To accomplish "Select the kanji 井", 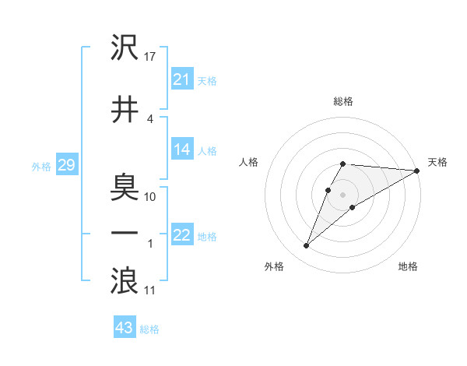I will click(x=125, y=108).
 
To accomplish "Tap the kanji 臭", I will click(x=125, y=187).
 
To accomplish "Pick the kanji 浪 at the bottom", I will click(x=125, y=281).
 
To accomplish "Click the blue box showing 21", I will click(x=181, y=79).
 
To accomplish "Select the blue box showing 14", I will click(x=181, y=150).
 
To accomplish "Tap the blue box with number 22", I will click(x=181, y=236).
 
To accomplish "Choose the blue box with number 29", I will click(x=65, y=165).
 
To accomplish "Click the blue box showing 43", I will click(x=124, y=328).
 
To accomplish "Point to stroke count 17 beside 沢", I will click(x=151, y=57).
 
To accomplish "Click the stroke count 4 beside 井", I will click(x=150, y=118).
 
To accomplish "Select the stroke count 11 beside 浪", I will click(x=151, y=290).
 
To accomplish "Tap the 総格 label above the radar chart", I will click(x=343, y=101).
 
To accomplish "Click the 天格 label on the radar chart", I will click(x=437, y=162).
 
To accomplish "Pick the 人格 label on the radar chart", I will click(x=249, y=162).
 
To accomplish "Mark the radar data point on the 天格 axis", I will click(x=418, y=171).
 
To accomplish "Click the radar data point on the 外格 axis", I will click(x=306, y=246).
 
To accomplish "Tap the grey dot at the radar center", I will click(x=343, y=195).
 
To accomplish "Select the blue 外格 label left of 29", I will click(x=41, y=166).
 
